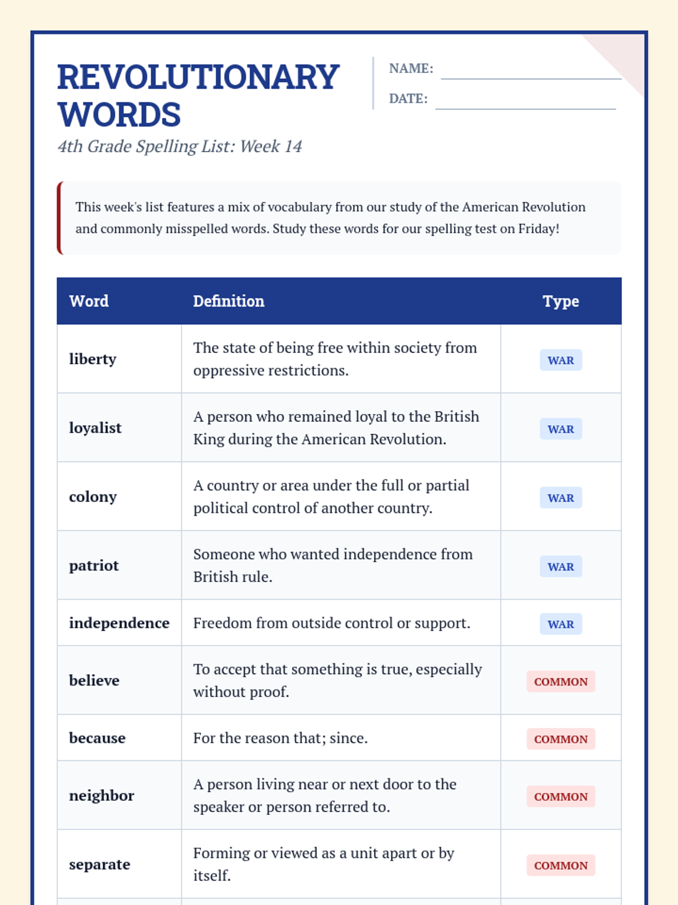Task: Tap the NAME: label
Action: pos(411,68)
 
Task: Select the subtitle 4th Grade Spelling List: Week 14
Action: pos(180,146)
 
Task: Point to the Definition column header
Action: pos(228,301)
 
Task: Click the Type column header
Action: pos(560,301)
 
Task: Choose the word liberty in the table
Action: pos(93,359)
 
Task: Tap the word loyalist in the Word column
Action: pos(95,428)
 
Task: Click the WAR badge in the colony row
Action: pos(560,498)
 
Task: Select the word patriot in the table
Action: pos(94,566)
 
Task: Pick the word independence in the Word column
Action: pos(119,623)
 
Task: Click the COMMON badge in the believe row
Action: pos(560,682)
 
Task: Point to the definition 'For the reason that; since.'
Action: pos(280,738)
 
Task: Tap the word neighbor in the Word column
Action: pos(102,796)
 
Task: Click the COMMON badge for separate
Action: pos(560,865)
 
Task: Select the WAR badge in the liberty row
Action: pos(560,360)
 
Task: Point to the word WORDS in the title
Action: pos(119,115)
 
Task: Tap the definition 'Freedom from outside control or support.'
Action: pos(332,623)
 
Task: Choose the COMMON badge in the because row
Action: pos(560,739)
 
